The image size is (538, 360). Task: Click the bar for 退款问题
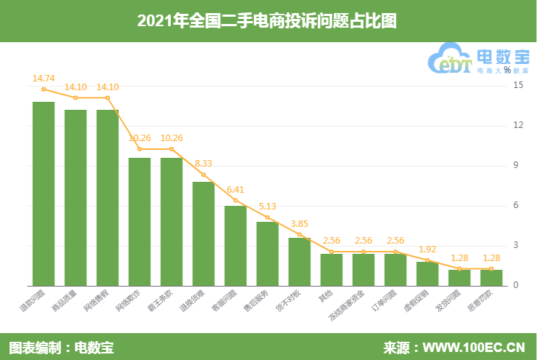point(44,193)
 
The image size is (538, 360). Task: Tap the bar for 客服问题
point(236,245)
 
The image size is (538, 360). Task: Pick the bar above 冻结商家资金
point(364,269)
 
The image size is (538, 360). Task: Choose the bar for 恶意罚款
point(491,277)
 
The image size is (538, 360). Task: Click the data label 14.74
point(44,76)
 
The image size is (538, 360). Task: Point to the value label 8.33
point(204,163)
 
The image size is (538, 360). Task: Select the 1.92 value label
point(427,248)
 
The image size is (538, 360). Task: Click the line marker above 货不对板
point(300,234)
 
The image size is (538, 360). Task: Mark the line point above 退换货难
point(204,175)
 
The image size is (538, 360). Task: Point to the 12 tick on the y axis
point(518,125)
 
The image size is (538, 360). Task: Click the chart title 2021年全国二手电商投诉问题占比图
point(268,21)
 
